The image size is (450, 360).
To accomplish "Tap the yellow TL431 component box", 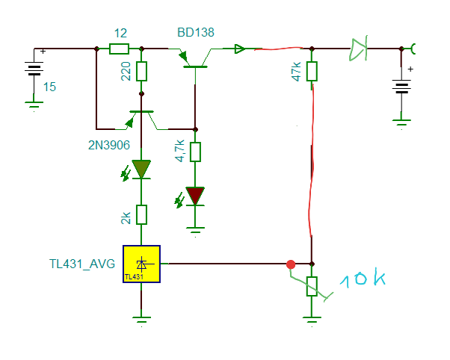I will [142, 264].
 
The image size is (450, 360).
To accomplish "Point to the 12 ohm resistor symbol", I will [120, 49].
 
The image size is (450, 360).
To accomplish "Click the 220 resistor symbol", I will [142, 72].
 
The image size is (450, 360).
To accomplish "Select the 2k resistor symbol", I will [142, 215].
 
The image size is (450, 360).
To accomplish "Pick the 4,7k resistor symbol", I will [196, 152].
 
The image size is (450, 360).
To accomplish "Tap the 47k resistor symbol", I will [312, 72].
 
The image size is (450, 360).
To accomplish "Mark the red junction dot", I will [291, 264].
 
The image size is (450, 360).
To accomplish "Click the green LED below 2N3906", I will [142, 170].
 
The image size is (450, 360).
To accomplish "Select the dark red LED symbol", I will [196, 196].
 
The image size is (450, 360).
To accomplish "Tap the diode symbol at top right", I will [359, 50].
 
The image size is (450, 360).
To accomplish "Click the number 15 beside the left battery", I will [49, 87].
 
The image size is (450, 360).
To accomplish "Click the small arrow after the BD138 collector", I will [238, 49].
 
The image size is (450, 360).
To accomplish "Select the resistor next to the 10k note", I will [312, 286].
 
